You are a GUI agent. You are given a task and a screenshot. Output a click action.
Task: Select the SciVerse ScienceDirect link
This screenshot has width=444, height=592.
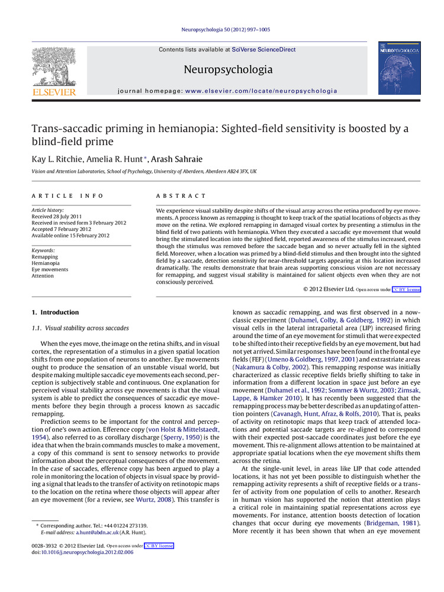click(x=263, y=50)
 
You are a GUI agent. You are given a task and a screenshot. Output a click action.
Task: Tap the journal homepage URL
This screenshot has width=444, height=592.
click(x=261, y=91)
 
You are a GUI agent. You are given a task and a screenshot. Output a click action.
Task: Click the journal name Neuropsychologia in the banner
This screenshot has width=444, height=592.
click(x=228, y=70)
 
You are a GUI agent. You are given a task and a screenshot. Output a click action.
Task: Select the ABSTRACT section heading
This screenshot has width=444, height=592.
click(x=181, y=196)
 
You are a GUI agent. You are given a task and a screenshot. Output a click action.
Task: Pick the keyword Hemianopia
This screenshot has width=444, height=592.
click(x=46, y=263)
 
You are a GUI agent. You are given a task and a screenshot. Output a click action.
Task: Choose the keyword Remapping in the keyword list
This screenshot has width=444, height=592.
click(x=45, y=256)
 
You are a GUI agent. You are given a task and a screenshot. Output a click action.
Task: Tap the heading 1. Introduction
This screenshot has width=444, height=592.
click(x=55, y=312)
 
